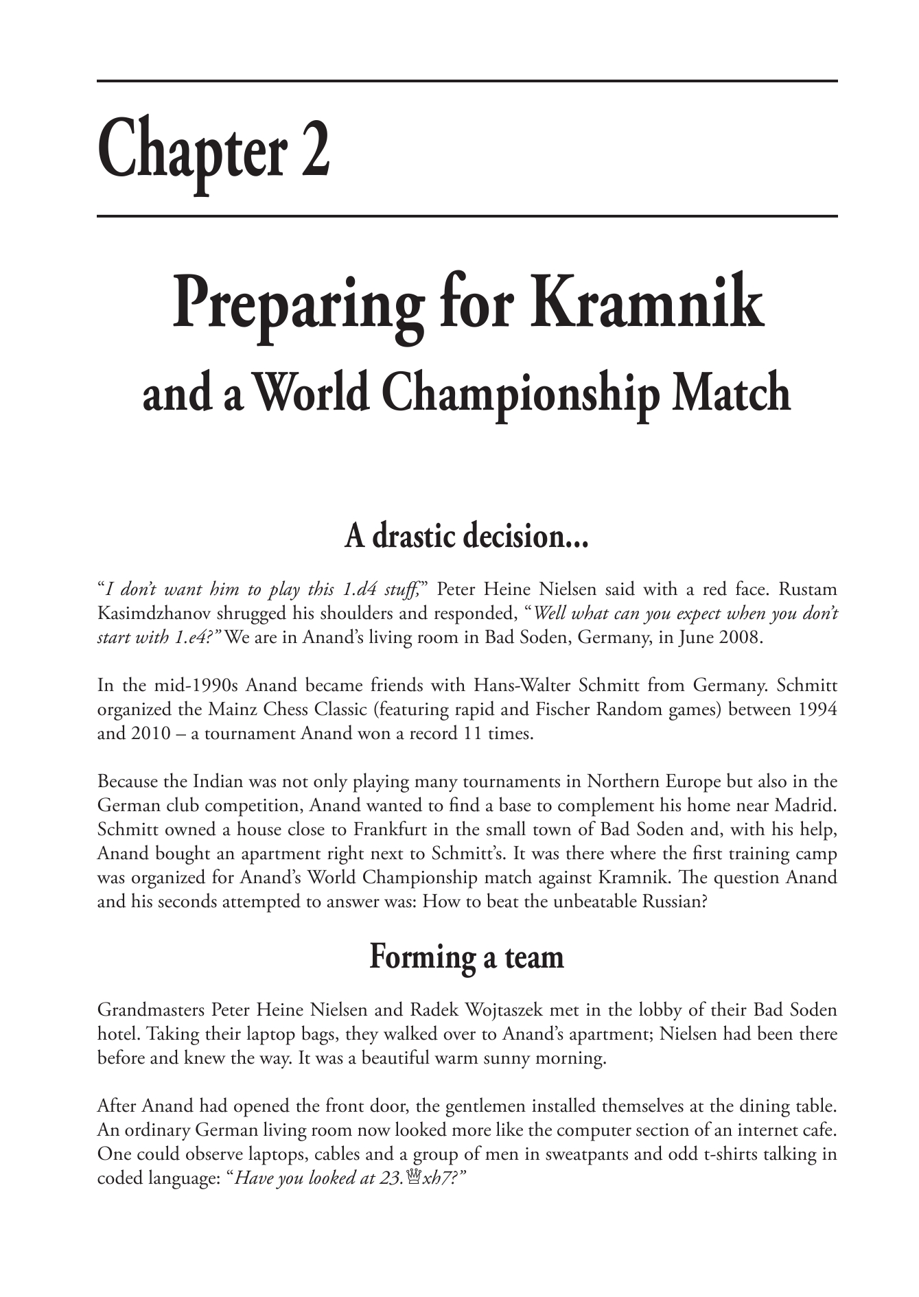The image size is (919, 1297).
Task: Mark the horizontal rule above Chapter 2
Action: click(467, 82)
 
